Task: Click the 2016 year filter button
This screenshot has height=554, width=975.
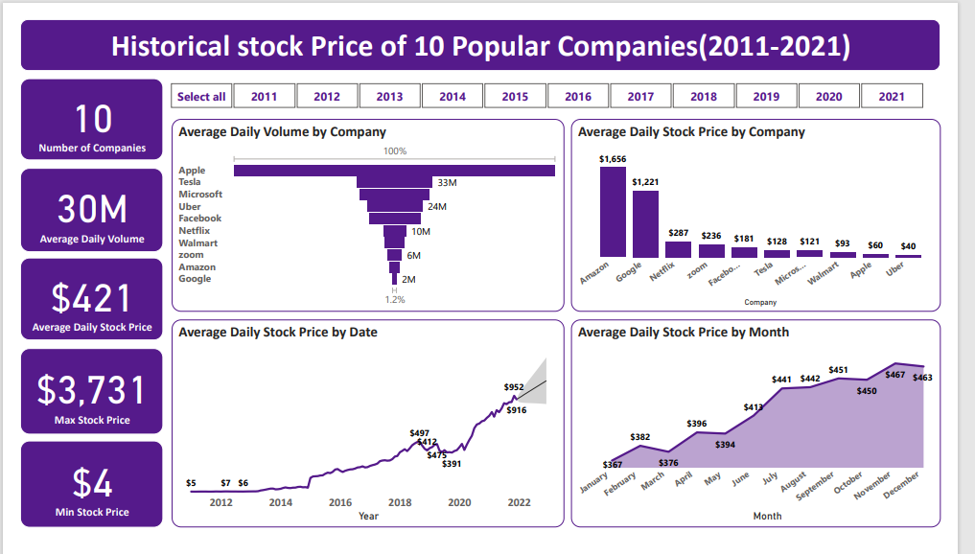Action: tap(578, 96)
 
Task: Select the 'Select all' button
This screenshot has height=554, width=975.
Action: tap(201, 96)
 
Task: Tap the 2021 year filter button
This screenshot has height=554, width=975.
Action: tap(892, 96)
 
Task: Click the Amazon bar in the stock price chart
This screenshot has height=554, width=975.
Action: tap(613, 213)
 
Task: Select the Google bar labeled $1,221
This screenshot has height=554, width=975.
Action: tap(645, 224)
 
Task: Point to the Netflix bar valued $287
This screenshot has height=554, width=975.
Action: tap(678, 249)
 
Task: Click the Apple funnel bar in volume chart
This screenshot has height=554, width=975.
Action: tap(394, 171)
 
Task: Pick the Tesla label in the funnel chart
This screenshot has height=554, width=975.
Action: tap(190, 182)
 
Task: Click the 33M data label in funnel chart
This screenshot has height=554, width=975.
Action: tap(447, 182)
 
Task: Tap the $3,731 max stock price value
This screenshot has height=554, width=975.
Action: tap(92, 390)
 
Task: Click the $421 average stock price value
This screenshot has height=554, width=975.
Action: tap(92, 299)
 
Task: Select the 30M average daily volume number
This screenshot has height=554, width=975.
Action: tap(92, 210)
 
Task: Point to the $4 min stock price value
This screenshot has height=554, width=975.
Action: tap(92, 483)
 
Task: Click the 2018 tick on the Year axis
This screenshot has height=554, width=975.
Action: tap(400, 502)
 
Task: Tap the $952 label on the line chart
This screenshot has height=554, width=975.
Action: tap(514, 387)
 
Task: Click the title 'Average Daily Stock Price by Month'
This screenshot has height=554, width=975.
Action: tap(684, 332)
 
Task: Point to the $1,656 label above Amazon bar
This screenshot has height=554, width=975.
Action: tap(613, 158)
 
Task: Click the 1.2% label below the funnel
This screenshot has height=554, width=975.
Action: tap(395, 299)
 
